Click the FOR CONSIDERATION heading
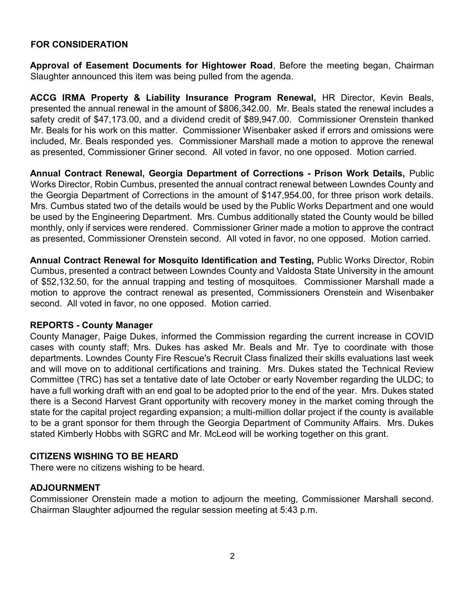(x=79, y=45)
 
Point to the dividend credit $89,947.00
(x=267, y=120)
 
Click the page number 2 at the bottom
(x=232, y=556)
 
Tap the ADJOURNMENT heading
(x=65, y=488)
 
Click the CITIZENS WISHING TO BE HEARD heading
(x=104, y=456)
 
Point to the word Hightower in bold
(x=224, y=66)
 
